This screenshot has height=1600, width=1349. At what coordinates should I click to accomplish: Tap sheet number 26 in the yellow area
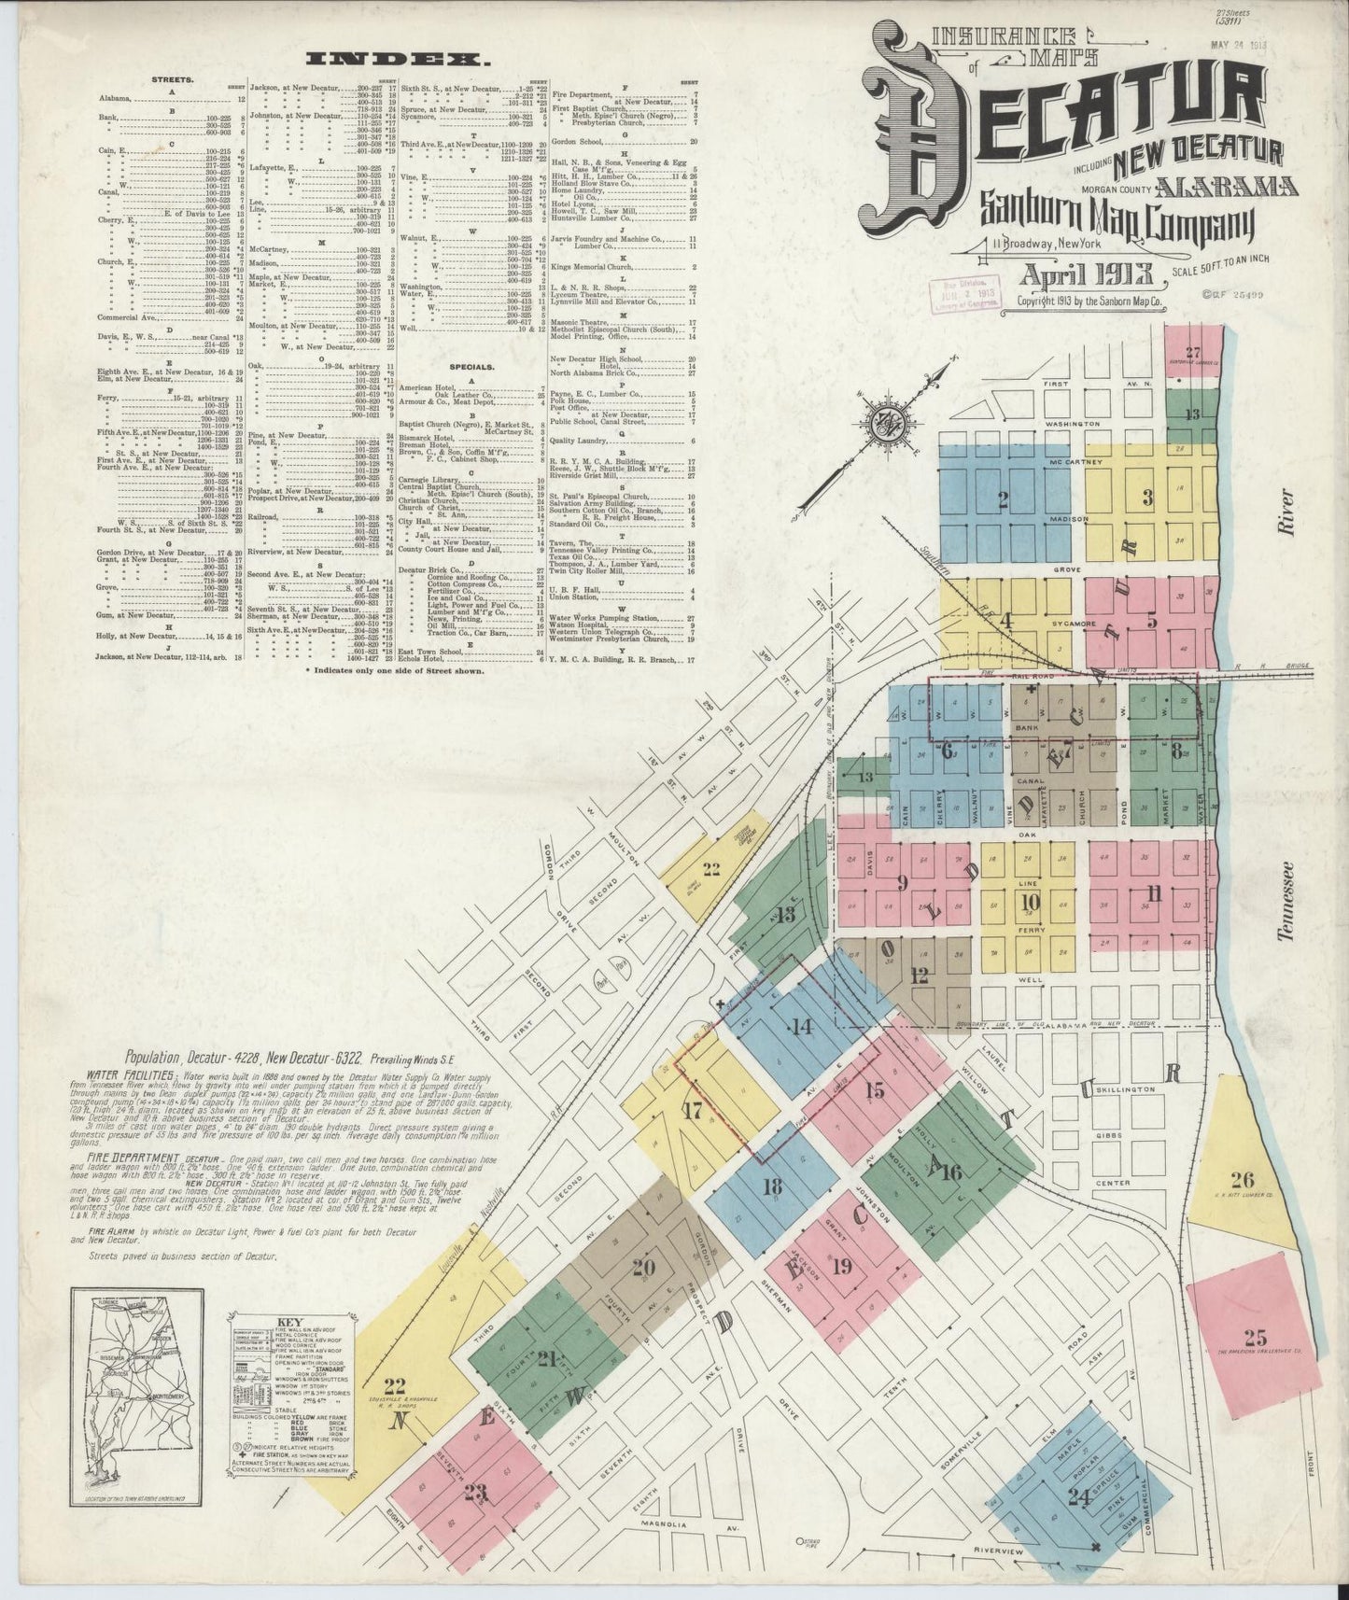[x=1242, y=1178]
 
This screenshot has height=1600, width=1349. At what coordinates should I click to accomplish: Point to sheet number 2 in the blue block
[x=1003, y=499]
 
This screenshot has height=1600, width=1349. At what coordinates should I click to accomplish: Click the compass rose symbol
[x=882, y=425]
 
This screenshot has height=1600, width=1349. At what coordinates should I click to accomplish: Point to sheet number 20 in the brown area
[x=643, y=1268]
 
